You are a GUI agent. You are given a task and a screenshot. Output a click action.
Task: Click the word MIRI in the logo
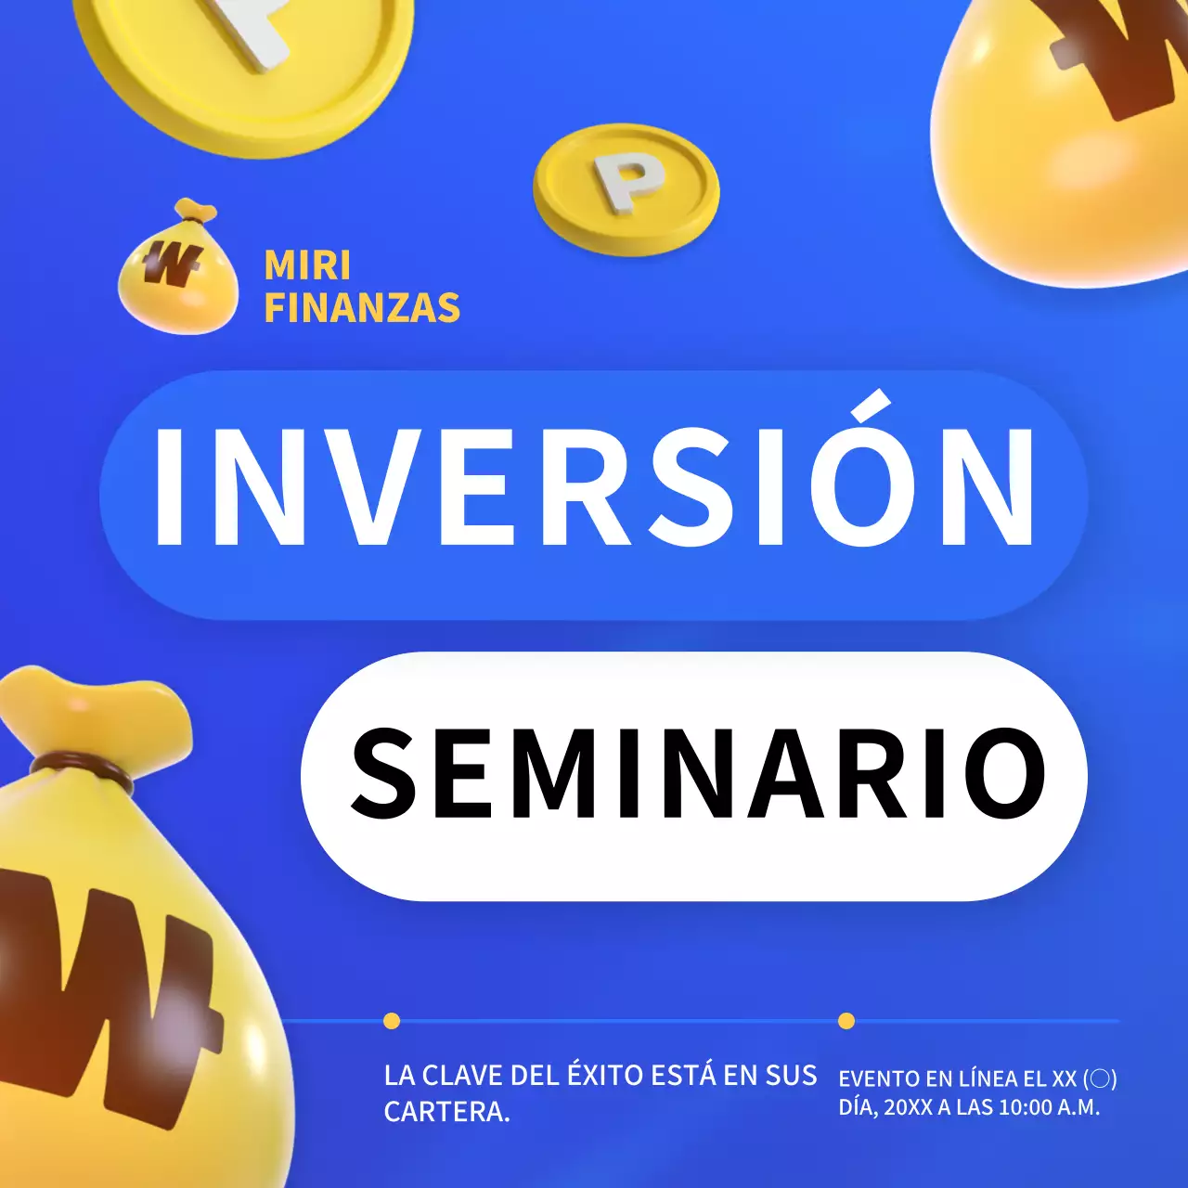307,265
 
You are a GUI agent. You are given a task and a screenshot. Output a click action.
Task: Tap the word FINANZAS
362,308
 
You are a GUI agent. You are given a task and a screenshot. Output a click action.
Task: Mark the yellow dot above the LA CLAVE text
392,1021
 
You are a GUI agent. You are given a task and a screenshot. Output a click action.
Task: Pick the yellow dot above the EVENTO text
846,1021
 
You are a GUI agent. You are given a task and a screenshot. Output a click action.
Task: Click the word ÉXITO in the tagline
605,1075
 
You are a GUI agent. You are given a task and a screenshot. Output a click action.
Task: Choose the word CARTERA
445,1111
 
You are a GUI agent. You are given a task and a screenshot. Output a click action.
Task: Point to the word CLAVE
462,1076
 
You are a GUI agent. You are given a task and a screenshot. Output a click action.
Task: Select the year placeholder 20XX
908,1107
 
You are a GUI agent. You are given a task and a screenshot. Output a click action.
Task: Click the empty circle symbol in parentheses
1100,1078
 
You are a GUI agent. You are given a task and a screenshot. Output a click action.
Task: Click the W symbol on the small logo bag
170,265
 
